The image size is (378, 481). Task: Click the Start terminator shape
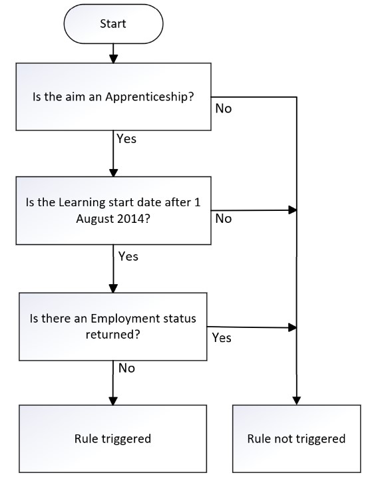point(113,24)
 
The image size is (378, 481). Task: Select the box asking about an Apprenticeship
point(113,96)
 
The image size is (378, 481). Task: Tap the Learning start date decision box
point(113,210)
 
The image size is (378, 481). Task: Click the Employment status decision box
point(113,327)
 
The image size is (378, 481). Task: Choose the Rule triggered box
point(112,438)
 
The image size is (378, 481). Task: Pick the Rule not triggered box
point(296,438)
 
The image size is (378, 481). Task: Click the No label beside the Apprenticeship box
point(224,108)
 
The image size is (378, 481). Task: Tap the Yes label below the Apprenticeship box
point(126,138)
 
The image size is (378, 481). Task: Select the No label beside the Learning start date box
point(224,219)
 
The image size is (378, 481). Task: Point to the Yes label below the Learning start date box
point(128,256)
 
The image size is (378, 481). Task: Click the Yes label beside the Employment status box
point(222,338)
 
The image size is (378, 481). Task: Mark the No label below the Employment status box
point(126,368)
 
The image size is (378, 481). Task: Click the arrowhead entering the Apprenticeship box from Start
point(113,59)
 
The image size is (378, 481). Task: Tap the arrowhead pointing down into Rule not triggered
point(296,401)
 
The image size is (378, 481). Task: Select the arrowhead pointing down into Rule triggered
point(113,401)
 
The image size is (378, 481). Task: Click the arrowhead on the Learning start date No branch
point(293,210)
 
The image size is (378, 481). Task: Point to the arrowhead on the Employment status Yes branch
point(293,327)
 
